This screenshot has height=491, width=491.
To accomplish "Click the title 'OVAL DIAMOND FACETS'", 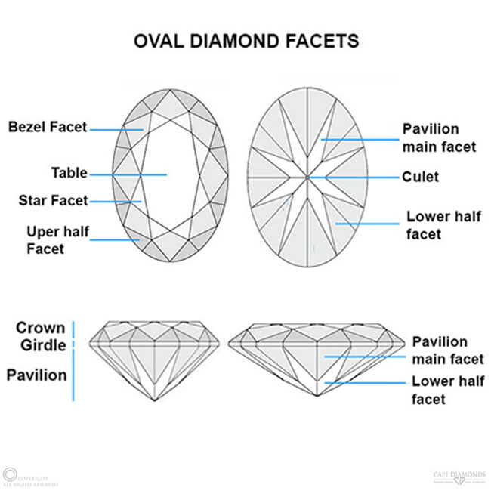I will [x=246, y=39].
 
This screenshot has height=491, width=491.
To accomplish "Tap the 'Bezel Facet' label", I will [x=48, y=127].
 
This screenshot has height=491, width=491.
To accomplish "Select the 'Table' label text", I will [x=69, y=173].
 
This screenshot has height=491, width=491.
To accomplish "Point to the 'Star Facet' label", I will [x=53, y=201].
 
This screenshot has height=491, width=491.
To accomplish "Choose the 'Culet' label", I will [x=421, y=178].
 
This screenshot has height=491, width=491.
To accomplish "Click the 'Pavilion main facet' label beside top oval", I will [x=440, y=137].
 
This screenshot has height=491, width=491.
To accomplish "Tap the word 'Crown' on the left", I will [x=41, y=327].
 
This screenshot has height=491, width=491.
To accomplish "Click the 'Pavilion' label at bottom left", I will [x=37, y=375].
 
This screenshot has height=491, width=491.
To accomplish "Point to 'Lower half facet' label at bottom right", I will [x=449, y=390].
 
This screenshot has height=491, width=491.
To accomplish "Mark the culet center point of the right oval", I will [x=307, y=178].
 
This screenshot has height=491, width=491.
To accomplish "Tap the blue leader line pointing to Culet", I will [x=355, y=178].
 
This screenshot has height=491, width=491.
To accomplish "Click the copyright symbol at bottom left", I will [x=10, y=475].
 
